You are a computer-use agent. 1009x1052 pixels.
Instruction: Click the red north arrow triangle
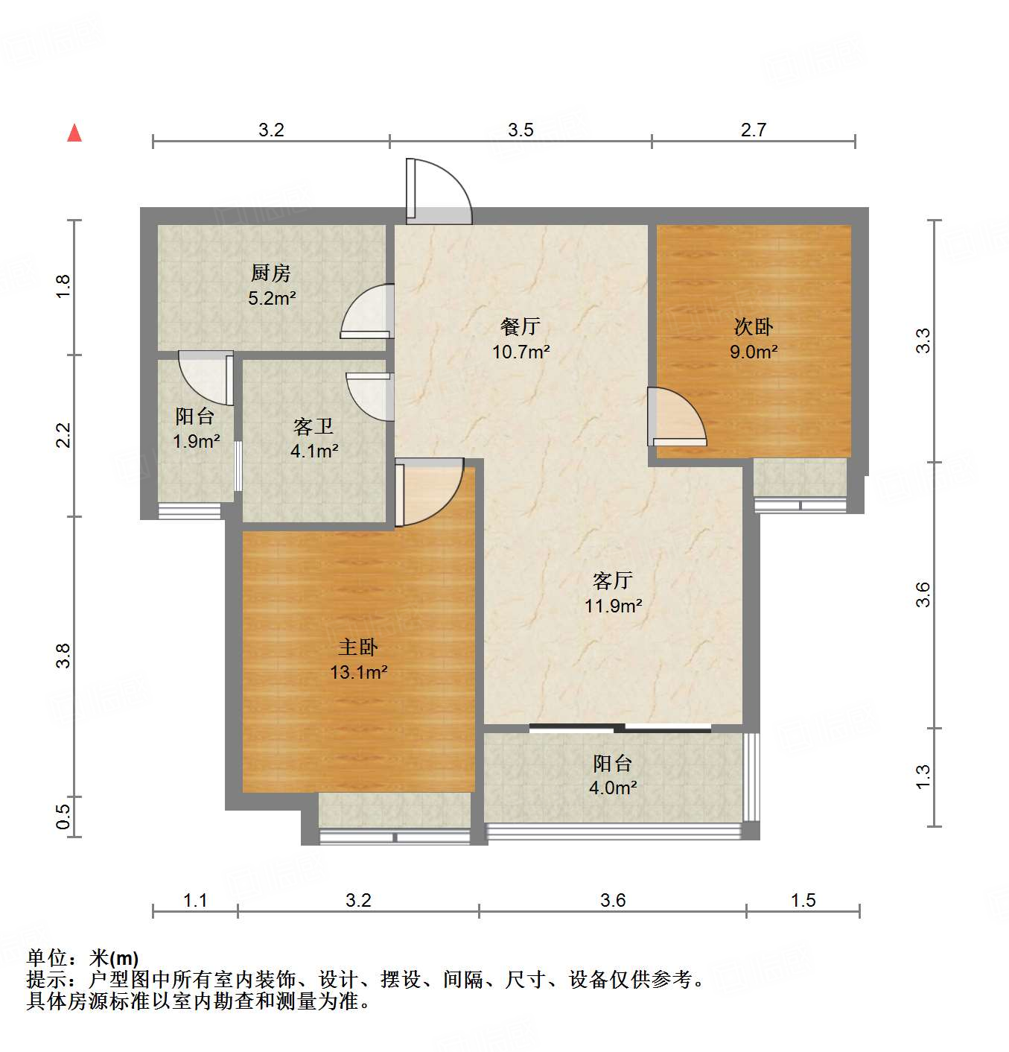point(74,133)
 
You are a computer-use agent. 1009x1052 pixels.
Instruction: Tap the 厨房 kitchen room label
point(270,273)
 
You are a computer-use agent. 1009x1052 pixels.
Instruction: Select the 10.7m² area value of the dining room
point(521,352)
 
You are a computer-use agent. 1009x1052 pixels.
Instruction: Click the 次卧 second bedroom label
point(754,326)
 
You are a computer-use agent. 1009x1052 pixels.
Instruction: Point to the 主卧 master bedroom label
point(358,647)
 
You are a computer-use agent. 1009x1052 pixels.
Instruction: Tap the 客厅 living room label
point(613,580)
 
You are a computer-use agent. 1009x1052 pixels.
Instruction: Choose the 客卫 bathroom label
point(313,426)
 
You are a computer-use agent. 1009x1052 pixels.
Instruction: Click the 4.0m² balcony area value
point(613,788)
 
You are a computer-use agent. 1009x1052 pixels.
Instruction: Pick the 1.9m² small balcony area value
point(196,441)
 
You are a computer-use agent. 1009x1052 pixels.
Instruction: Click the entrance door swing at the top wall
point(438,191)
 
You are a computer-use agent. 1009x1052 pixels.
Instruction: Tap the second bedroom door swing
point(677,416)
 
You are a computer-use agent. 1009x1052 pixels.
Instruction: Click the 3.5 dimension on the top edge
point(521,130)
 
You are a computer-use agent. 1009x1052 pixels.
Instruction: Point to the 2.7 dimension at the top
point(753,130)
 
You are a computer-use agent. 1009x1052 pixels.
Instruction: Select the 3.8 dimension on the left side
point(63,655)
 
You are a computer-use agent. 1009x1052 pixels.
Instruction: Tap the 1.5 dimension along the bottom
point(803,900)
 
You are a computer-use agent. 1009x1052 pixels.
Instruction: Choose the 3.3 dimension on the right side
point(923,340)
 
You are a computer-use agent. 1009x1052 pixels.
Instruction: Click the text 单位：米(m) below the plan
point(83,958)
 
